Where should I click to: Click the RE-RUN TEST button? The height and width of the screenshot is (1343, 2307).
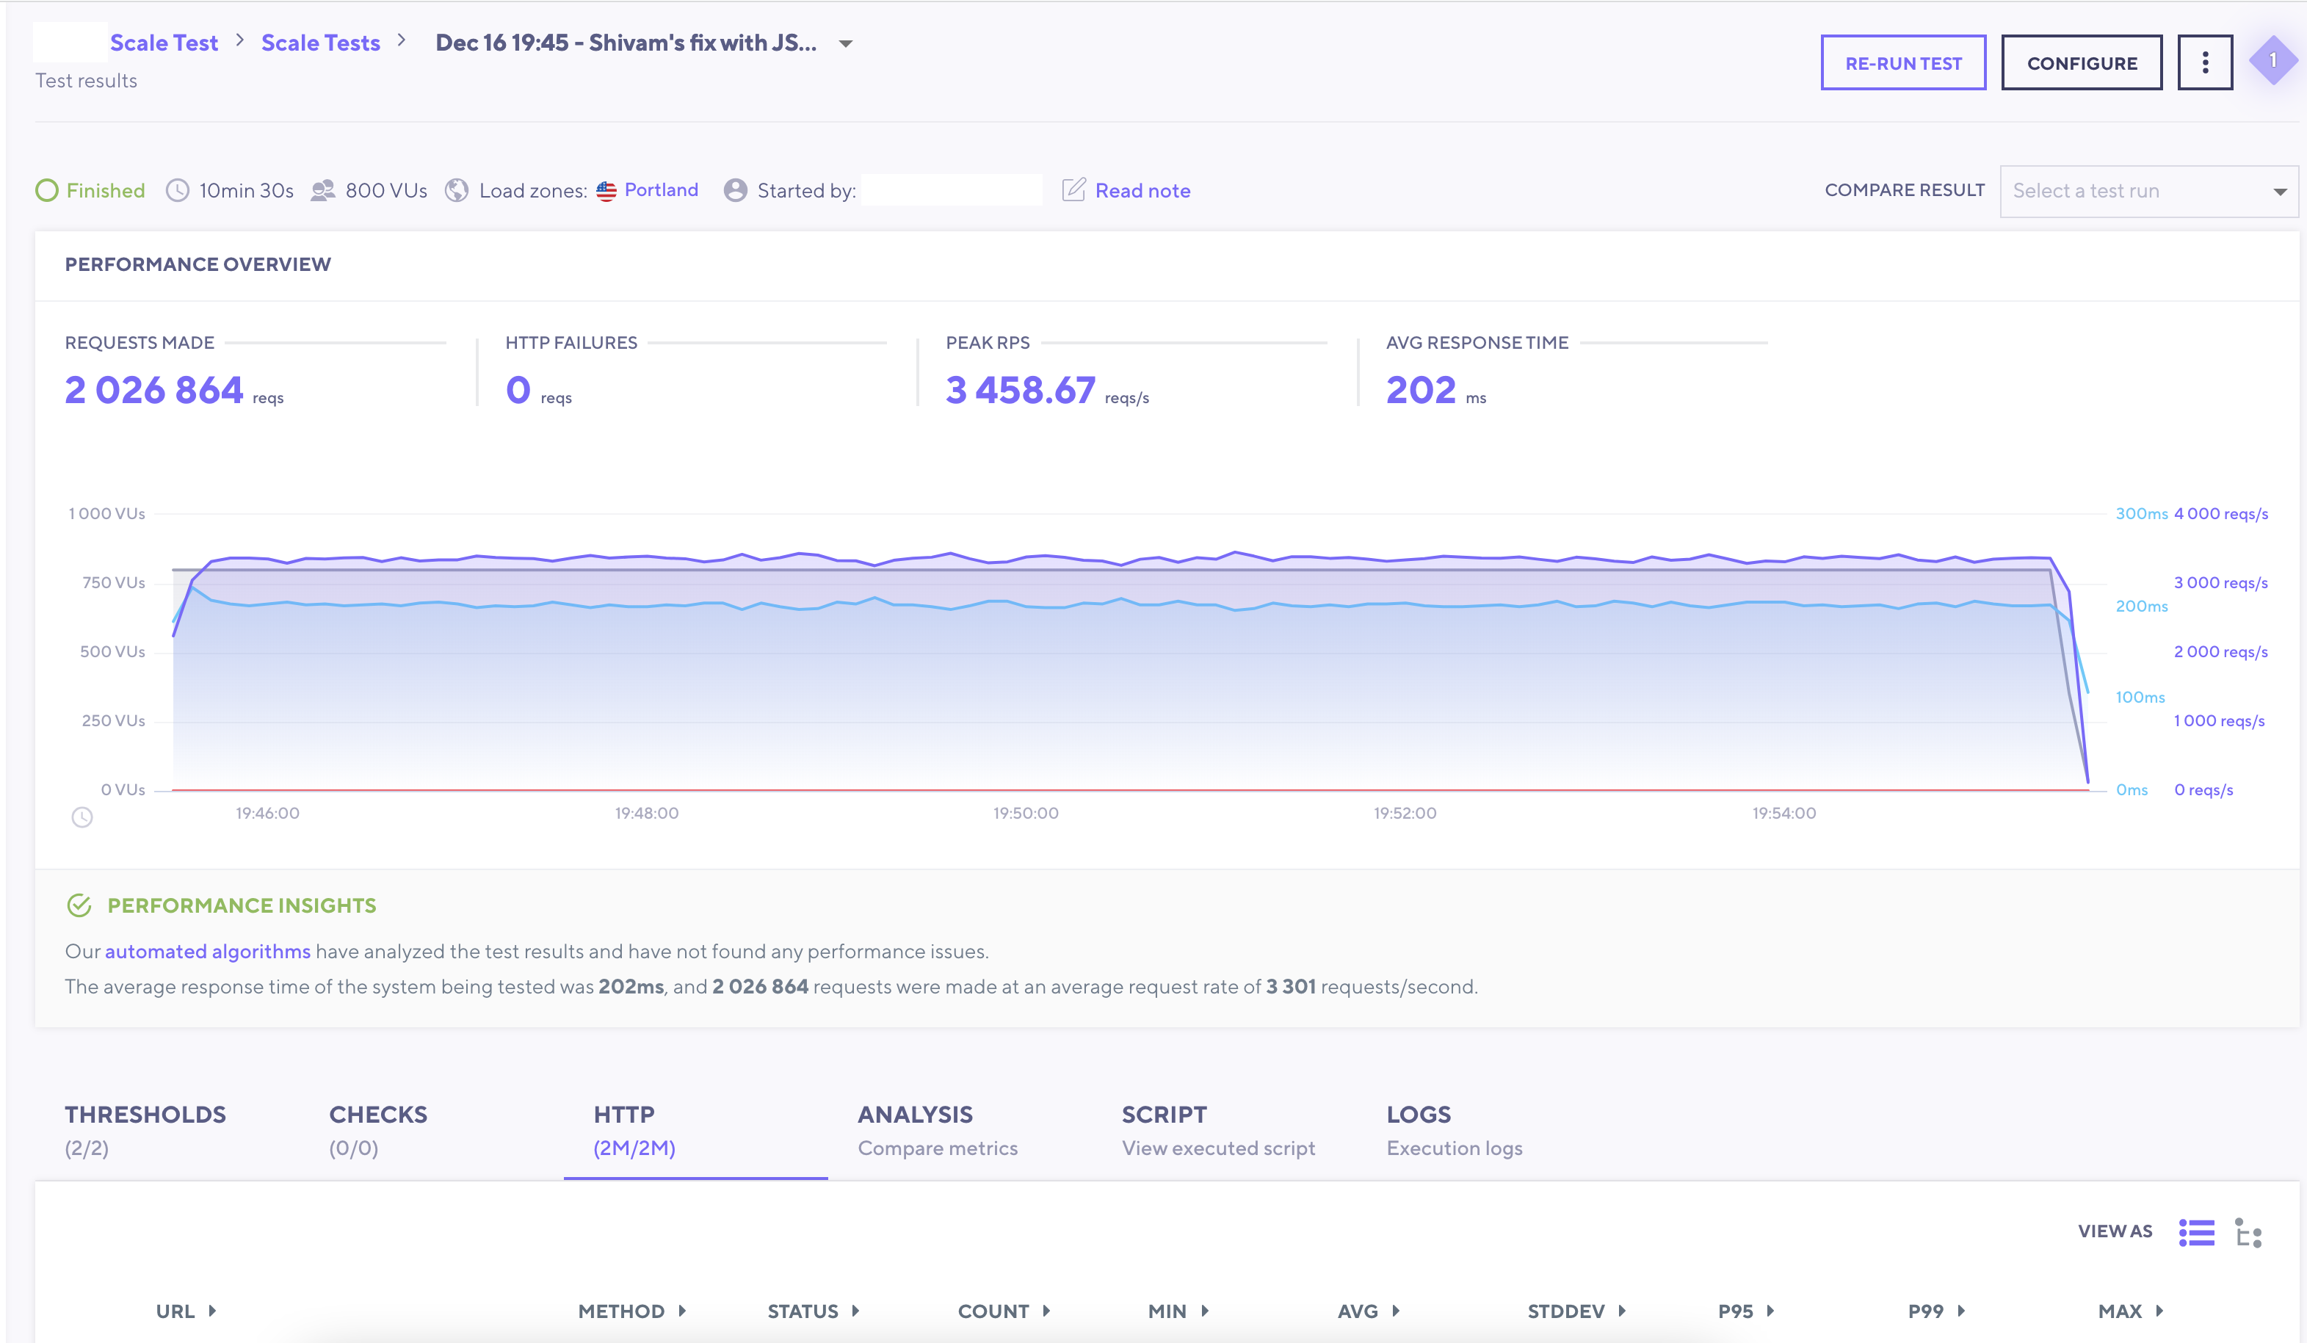1902,63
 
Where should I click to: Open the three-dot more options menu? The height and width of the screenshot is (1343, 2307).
2204,63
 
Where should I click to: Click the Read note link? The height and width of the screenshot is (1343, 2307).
1142,190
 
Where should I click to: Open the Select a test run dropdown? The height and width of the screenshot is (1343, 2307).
2148,190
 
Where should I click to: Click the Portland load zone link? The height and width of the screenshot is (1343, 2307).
661,189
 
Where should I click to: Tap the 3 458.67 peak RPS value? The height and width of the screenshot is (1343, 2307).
1020,390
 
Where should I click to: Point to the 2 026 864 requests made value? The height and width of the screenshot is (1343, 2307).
153,390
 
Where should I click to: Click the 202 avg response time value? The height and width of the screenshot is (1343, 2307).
1420,390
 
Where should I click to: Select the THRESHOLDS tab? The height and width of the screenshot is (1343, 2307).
145,1130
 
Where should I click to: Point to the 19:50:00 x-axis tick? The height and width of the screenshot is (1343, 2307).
1025,813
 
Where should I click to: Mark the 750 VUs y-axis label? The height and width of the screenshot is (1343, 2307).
114,582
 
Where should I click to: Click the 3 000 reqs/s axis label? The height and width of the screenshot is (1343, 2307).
2220,582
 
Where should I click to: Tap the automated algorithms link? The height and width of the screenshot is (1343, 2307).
208,951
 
